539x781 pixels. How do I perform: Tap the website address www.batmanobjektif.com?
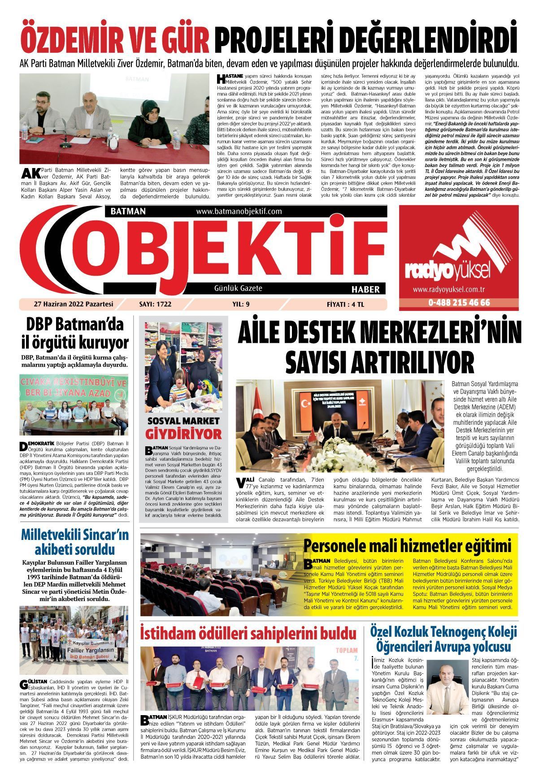click(x=239, y=211)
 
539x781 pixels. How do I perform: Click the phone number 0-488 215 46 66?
click(x=459, y=303)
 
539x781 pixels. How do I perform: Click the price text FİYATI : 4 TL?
click(x=346, y=304)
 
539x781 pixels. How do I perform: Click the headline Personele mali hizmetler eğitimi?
click(x=407, y=546)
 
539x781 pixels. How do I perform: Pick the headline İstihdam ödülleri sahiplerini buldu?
click(x=248, y=634)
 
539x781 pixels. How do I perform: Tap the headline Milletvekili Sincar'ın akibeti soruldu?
click(x=75, y=542)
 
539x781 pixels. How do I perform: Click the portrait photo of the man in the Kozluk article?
click(x=448, y=688)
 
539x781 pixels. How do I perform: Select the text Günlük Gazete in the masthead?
click(x=238, y=289)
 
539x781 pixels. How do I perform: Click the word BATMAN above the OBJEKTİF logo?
click(x=125, y=211)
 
